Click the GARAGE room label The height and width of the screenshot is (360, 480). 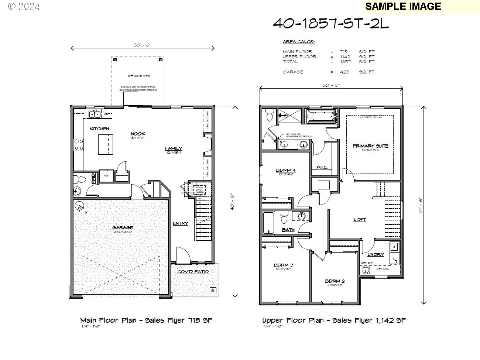[x=123, y=227]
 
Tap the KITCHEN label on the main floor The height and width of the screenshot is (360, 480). [x=99, y=129]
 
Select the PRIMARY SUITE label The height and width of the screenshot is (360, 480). [x=370, y=146]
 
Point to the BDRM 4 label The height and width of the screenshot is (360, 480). [x=286, y=170]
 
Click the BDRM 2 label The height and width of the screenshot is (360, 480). [x=335, y=281]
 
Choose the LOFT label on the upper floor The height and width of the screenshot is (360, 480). [x=360, y=220]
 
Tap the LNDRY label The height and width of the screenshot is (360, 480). [x=376, y=254]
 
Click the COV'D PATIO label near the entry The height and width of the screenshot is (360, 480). [x=193, y=272]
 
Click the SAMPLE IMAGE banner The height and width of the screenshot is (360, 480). [x=403, y=6]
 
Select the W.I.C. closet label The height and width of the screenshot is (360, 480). [x=322, y=167]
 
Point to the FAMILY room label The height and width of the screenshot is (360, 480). [x=174, y=148]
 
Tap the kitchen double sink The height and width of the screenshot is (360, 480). [x=95, y=114]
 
